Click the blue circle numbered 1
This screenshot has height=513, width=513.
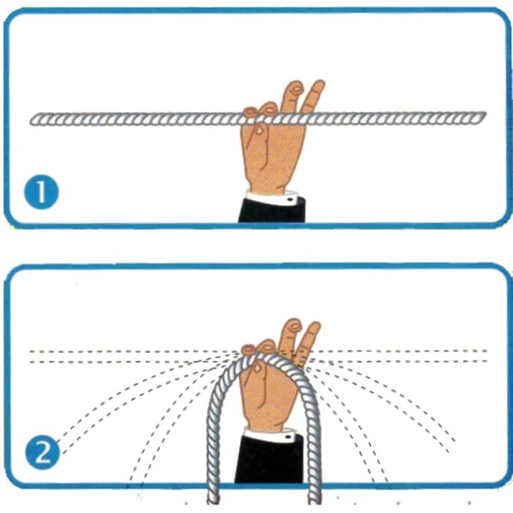coord(42,192)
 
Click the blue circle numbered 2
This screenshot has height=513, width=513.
coord(43,453)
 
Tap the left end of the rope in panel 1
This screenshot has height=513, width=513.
coord(32,121)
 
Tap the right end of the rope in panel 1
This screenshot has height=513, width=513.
coord(485,115)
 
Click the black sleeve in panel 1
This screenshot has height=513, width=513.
coord(272,211)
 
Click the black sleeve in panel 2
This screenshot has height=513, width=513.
coord(269,461)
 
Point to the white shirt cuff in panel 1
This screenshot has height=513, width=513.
coord(272,198)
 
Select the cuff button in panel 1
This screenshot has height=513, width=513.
coord(290,199)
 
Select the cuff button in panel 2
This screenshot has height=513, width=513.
coord(288,437)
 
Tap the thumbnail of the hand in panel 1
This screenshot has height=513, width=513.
coord(260,130)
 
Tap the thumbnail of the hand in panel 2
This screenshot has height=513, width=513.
coord(257,368)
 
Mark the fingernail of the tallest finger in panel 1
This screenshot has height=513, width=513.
coord(297,88)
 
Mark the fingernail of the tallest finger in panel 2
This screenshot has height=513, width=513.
coord(295,327)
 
